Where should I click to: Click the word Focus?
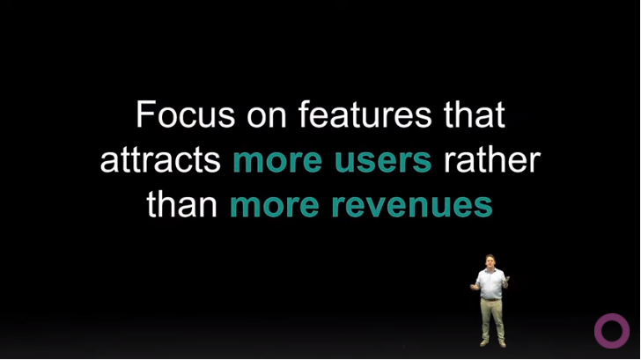186,114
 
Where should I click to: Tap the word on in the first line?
266,117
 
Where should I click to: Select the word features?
365,114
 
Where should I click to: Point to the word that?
475,114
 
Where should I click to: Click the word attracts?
160,159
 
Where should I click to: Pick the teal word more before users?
277,162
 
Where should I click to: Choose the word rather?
492,159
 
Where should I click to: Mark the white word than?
182,204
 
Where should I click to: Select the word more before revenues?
275,207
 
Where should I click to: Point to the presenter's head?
490,261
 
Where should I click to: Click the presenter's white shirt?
490,284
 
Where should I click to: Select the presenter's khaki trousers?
492,320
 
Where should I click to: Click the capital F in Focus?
145,114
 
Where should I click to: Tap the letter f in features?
304,114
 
